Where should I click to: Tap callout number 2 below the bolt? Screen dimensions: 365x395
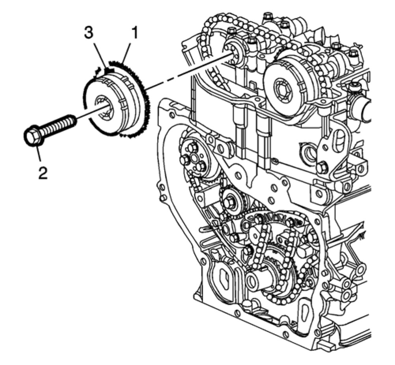coord(43,172)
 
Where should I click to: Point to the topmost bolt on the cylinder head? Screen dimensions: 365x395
coord(268,16)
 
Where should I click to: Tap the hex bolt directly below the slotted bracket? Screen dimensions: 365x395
coord(321,168)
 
